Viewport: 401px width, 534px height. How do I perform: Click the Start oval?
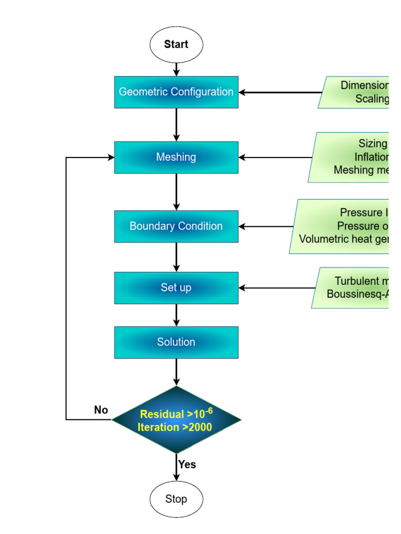176,44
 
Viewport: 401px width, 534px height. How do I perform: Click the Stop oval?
176,499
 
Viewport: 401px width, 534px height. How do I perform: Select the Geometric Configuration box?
176,92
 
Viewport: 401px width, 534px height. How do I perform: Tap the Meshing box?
176,157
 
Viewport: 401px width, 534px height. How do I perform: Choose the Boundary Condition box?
176,226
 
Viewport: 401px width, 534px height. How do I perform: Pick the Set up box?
176,288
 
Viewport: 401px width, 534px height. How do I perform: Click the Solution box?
176,342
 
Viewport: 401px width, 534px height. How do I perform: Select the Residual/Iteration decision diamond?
176,420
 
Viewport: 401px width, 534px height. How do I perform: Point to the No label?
101,410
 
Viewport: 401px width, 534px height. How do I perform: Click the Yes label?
187,464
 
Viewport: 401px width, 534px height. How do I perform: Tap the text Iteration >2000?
175,428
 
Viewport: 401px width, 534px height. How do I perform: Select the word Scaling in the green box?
372,99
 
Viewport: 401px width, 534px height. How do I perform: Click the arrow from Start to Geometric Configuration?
176,69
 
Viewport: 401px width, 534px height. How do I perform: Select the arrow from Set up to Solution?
176,315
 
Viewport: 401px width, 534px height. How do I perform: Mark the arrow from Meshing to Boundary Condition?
176,191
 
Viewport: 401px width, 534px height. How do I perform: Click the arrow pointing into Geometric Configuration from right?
279,92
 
